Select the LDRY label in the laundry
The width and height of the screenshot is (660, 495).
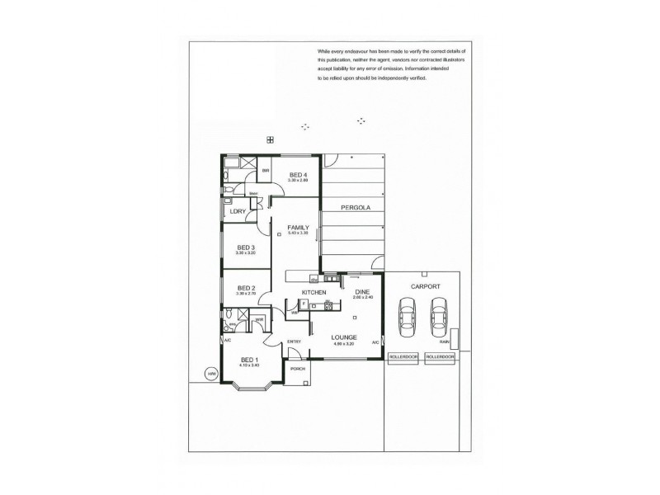[238, 211]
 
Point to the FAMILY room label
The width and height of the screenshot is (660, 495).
[298, 227]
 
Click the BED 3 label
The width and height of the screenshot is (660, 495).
[246, 247]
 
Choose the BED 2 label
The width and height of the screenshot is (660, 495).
[246, 288]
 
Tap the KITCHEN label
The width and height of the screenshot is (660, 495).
[313, 293]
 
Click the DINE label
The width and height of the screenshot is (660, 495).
[363, 292]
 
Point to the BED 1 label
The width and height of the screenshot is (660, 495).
[249, 359]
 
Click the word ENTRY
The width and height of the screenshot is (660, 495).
[294, 342]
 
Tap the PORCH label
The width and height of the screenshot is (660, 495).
[298, 368]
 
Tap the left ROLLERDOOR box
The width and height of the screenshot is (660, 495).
[403, 357]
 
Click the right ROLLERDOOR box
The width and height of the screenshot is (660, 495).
[440, 357]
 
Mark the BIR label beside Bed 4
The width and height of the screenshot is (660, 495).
[266, 171]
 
